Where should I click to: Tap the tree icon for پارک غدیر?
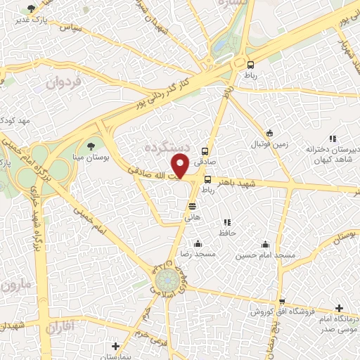point(30,9)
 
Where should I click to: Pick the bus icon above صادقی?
point(205,150)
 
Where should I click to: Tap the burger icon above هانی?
point(192,206)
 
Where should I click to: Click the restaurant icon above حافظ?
point(226,222)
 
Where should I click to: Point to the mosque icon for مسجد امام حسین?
point(265,244)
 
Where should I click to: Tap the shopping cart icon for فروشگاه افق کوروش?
point(282,301)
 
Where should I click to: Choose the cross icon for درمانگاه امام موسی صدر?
point(340,308)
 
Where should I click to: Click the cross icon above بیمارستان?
point(116,346)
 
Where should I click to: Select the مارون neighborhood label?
point(18,287)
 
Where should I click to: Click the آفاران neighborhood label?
point(64,327)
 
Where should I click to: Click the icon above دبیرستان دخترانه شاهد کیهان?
point(333,139)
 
